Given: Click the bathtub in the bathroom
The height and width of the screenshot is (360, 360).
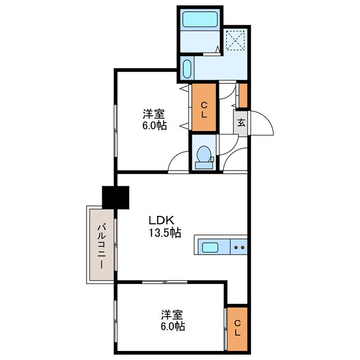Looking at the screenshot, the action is [200, 19].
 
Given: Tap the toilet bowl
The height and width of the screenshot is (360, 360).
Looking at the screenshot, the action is [204, 154].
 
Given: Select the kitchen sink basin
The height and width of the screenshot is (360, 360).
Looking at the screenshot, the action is [210, 247].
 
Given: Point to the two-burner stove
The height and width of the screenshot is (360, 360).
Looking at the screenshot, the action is [238, 247].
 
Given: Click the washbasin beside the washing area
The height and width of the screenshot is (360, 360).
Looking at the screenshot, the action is [187, 69].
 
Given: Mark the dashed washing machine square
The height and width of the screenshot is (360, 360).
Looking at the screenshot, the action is [235, 41].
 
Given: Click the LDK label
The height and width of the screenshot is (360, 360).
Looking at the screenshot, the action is [161, 220].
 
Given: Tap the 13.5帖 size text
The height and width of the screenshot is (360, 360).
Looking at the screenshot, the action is [165, 233].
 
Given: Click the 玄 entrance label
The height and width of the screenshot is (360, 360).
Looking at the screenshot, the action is [241, 123].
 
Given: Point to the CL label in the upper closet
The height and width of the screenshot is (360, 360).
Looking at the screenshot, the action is [204, 110].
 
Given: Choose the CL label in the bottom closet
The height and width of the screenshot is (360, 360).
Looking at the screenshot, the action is [237, 328].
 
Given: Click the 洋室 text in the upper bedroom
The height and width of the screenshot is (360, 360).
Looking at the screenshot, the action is [154, 114].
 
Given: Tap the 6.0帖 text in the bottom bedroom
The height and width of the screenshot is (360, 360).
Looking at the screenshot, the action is [173, 326].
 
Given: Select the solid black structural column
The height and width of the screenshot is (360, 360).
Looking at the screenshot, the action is [115, 197].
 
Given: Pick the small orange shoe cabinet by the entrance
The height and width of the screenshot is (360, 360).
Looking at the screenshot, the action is [243, 96].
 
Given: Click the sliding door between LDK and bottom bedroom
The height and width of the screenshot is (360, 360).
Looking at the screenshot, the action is [165, 282].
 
